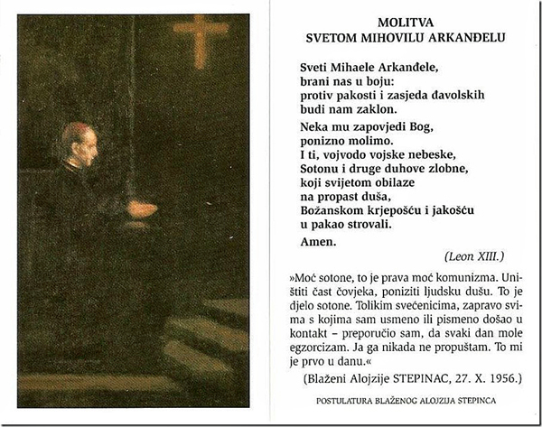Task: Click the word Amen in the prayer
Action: pos(317,242)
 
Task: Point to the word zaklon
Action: pos(353,109)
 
